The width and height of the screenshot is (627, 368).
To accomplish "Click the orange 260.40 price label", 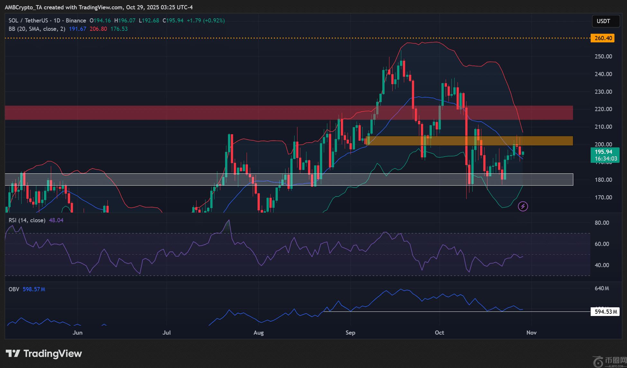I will [x=603, y=38].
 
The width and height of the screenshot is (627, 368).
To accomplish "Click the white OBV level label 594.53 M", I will [x=605, y=311].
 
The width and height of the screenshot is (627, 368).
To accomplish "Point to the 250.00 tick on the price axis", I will [x=603, y=57].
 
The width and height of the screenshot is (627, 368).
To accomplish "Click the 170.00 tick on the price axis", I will [x=603, y=197].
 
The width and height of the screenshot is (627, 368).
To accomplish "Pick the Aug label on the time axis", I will [x=259, y=333].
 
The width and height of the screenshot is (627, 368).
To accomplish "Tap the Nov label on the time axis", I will [x=531, y=333].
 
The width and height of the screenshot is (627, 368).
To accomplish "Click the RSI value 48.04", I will [x=56, y=220].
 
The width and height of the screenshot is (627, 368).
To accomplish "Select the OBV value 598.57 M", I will [x=34, y=289].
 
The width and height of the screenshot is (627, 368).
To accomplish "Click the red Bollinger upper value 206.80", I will [x=98, y=29].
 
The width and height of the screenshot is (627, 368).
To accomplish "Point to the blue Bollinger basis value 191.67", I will [x=77, y=29].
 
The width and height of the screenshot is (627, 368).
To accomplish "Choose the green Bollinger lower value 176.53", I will [x=119, y=29].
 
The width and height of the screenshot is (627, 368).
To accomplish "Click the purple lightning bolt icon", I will [x=523, y=206].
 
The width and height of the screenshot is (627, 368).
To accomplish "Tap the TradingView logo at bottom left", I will [x=44, y=354].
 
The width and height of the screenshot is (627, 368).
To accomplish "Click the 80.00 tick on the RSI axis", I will [x=602, y=223].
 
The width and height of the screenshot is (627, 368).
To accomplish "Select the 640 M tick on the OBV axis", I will [x=602, y=288].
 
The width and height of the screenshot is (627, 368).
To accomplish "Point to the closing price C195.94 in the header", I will [x=173, y=21].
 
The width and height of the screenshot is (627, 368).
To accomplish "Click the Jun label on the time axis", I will [x=77, y=333].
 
